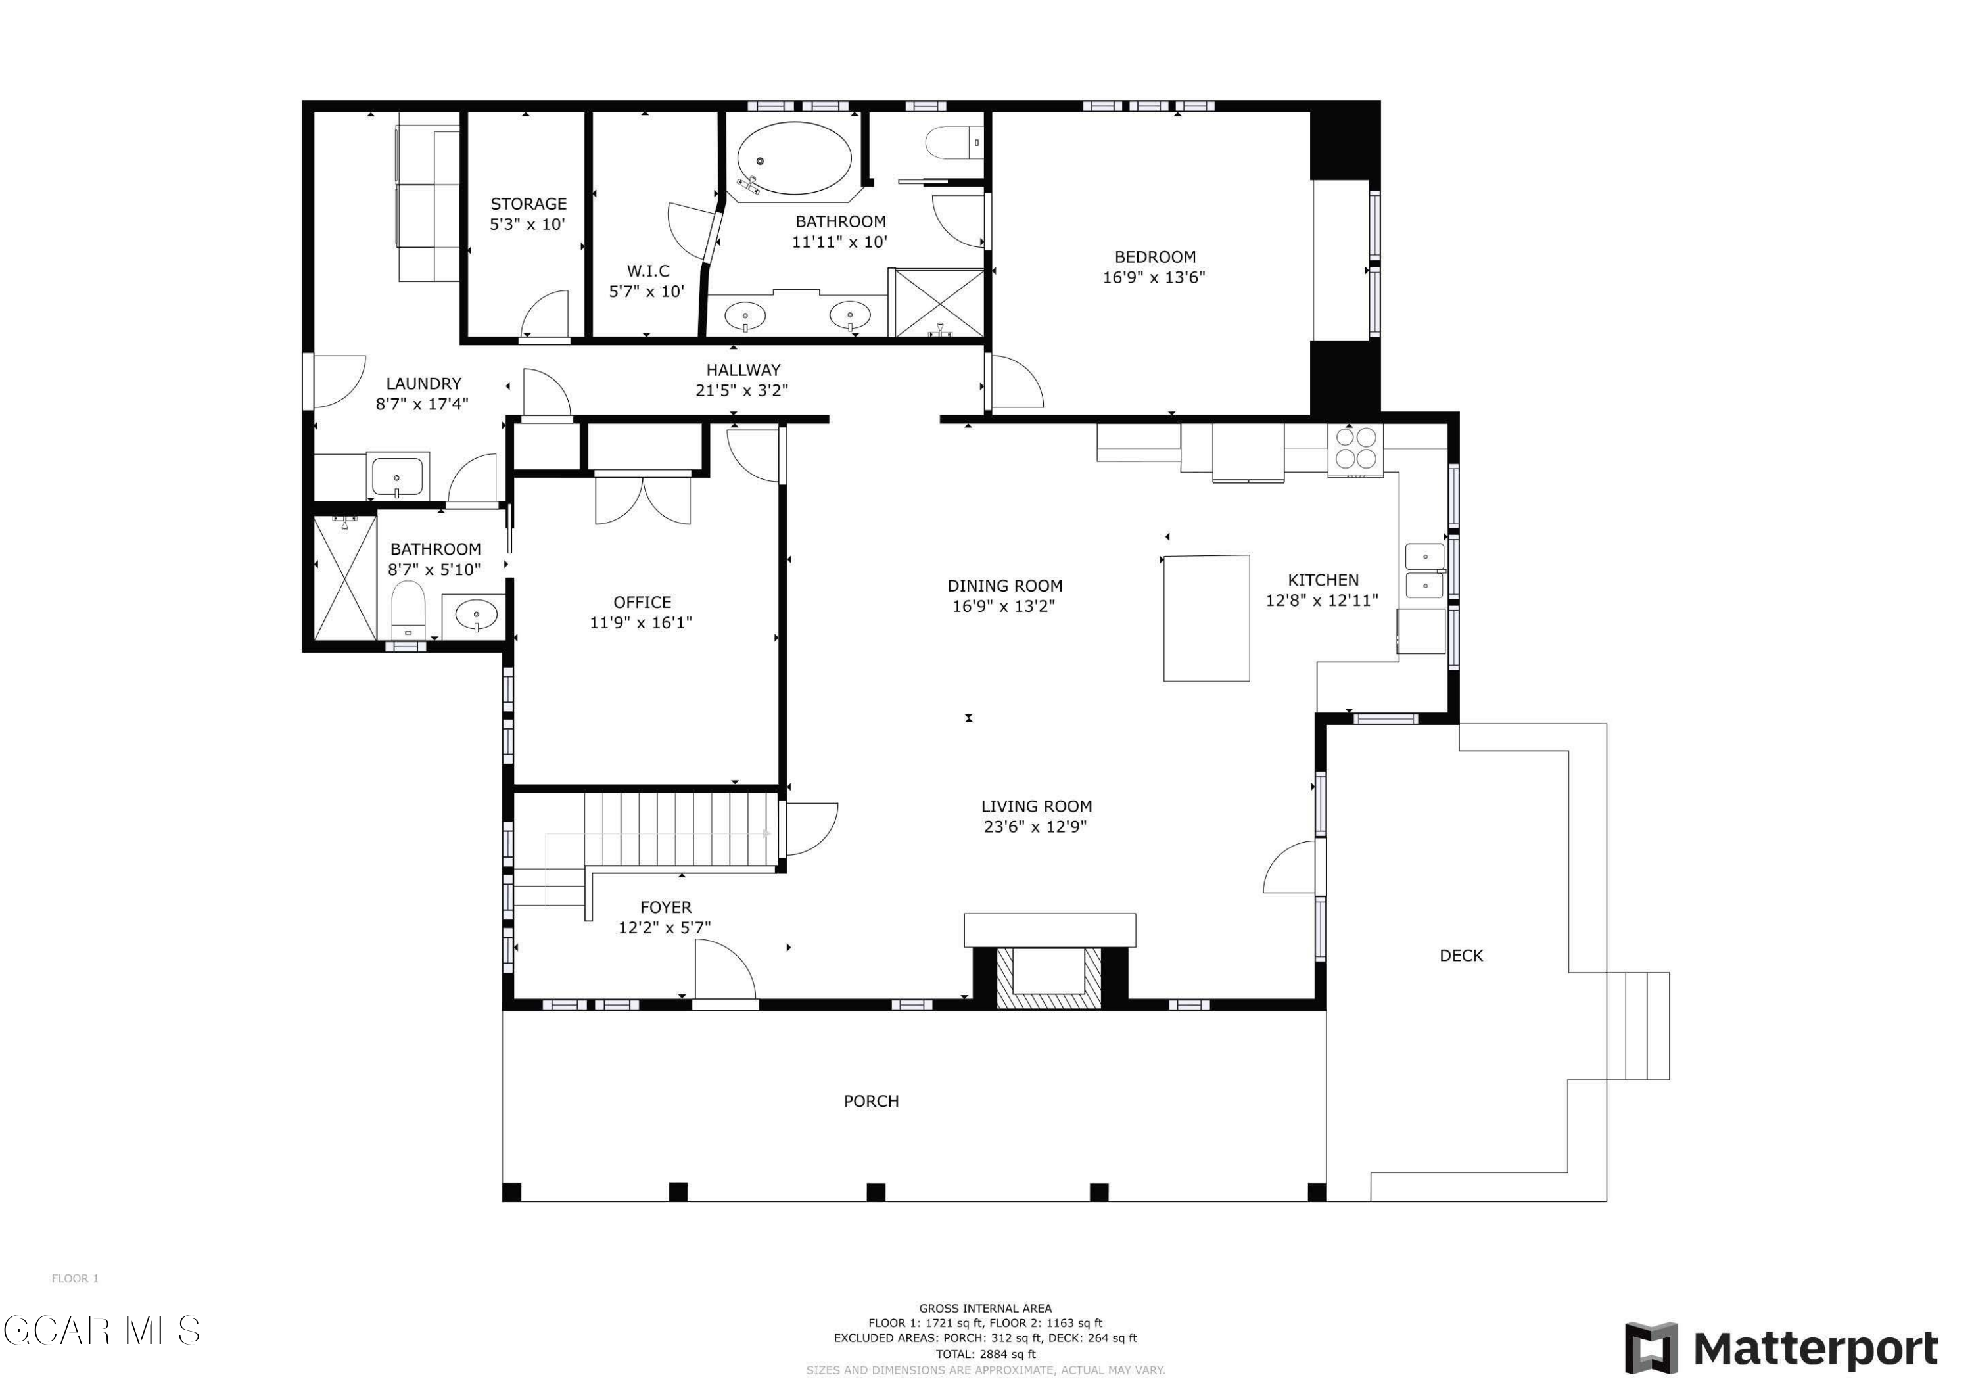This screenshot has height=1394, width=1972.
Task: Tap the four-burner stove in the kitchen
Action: pos(1355,450)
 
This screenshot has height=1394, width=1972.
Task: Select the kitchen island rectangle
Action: pos(1207,618)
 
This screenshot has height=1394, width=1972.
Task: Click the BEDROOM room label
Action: pos(1155,257)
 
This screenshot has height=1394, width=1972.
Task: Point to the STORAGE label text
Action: pos(528,204)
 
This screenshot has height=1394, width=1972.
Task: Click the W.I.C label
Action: pos(647,271)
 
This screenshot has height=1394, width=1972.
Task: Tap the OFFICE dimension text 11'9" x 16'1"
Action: pos(641,622)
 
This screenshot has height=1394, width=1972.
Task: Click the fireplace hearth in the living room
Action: pos(1050,930)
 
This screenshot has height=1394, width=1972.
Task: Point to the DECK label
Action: pos(1461,955)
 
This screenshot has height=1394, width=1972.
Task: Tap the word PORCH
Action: pos(871,1101)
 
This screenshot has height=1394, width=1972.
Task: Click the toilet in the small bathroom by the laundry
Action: pos(408,608)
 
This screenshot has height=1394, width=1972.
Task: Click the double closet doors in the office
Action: pos(642,498)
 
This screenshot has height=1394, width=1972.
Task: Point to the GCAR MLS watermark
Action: pos(101,1330)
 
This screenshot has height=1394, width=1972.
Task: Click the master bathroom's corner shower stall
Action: pos(939,302)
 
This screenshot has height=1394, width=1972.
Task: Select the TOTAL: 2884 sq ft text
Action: pos(985,1354)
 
